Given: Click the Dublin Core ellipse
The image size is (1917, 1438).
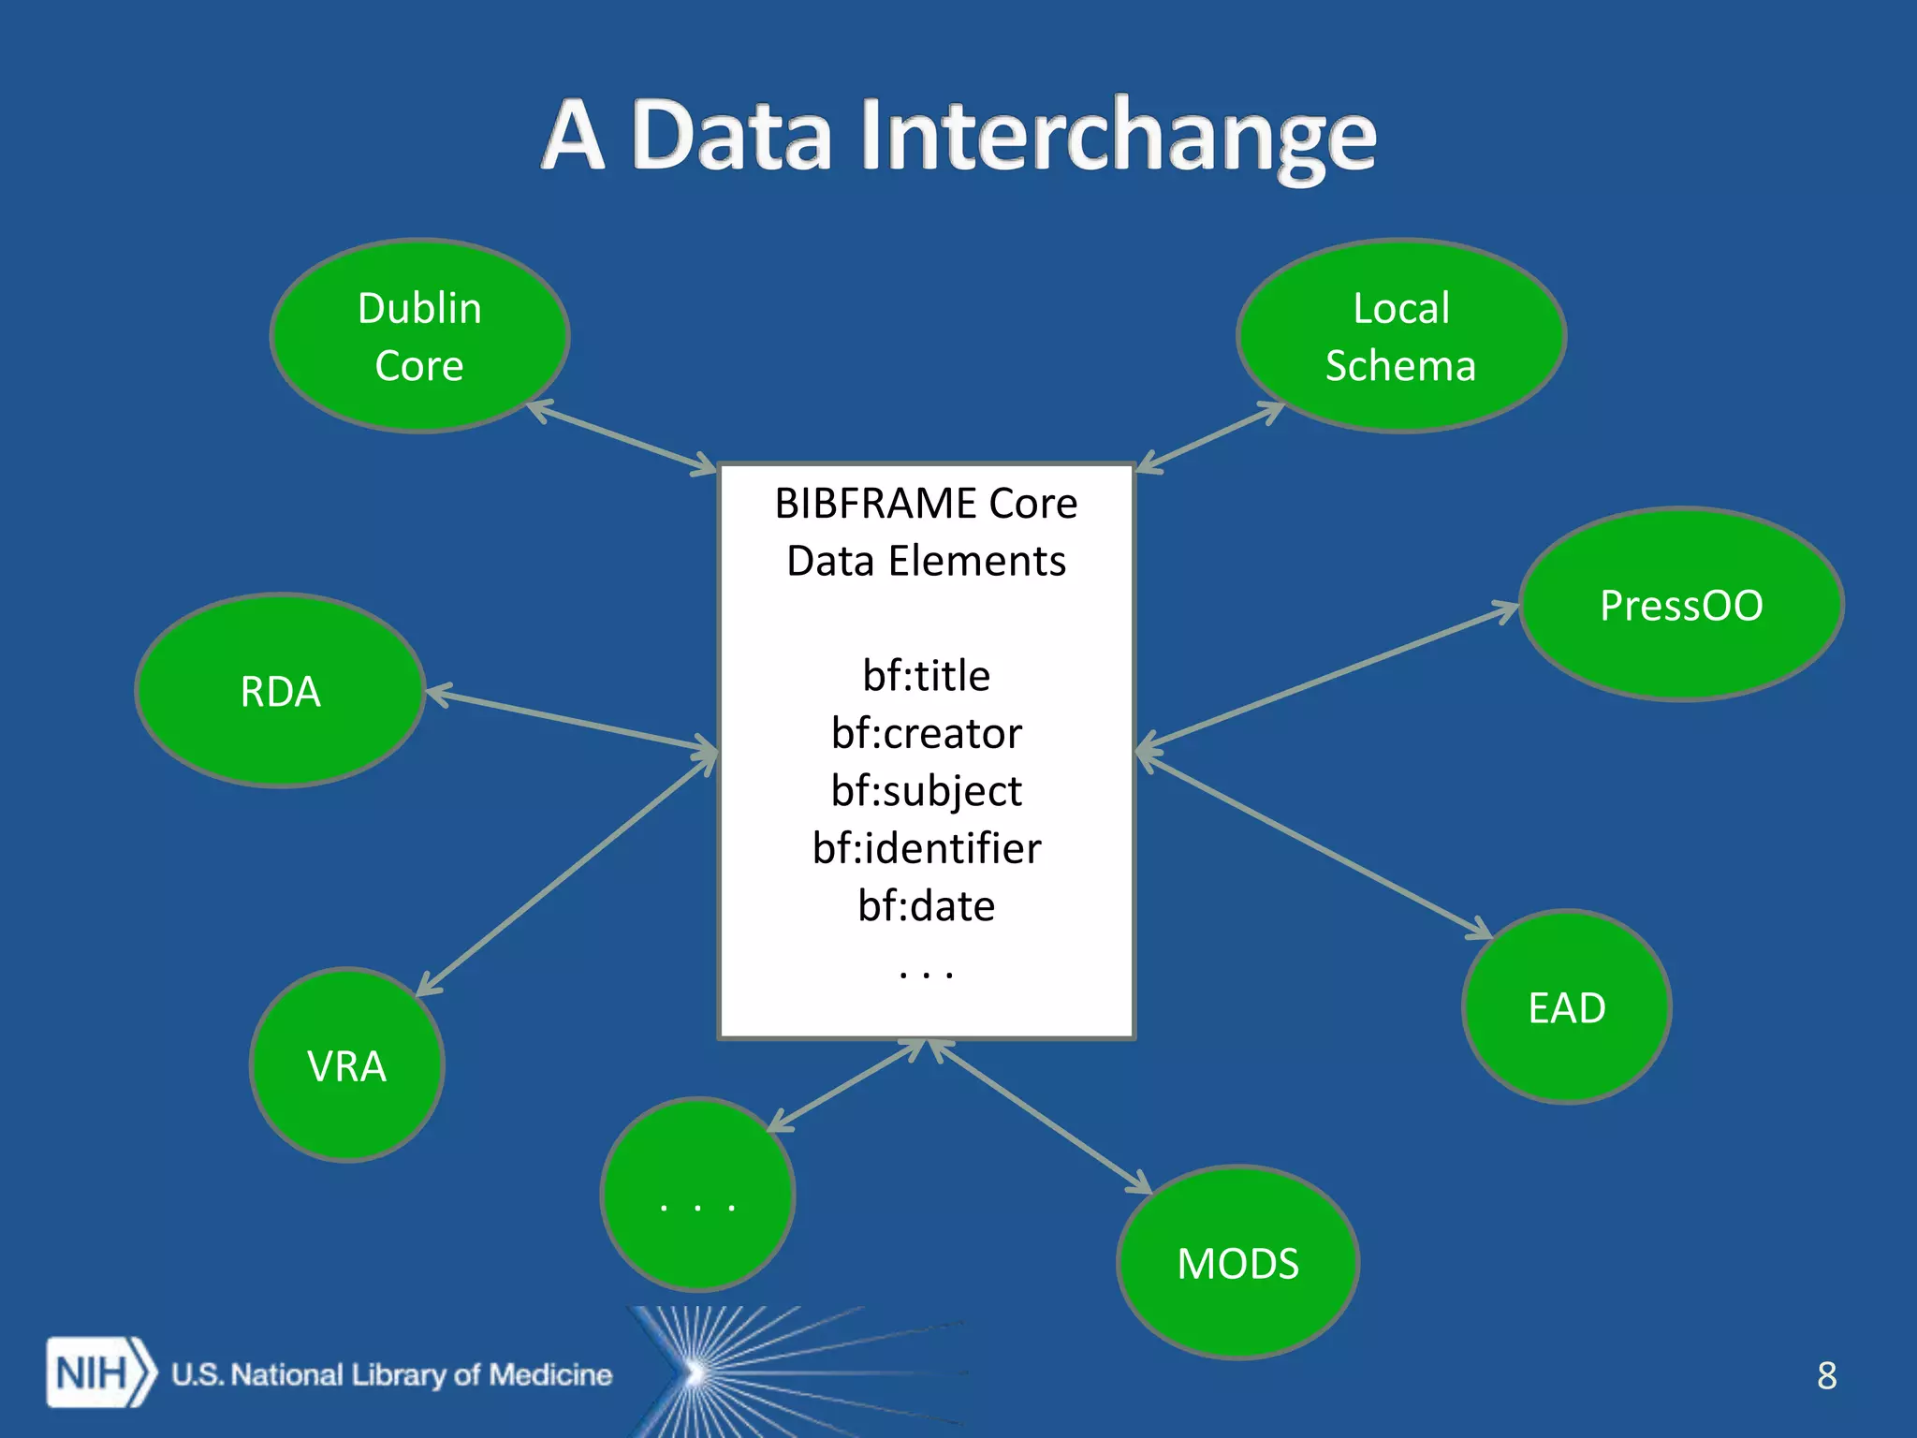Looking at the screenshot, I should tap(419, 335).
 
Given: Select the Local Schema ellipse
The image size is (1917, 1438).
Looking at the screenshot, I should tap(1400, 335).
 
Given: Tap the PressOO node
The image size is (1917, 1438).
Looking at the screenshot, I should tap(1681, 605).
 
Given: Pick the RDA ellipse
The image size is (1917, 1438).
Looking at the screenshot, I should tap(280, 691).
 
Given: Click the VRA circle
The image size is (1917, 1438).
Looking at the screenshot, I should tap(346, 1065).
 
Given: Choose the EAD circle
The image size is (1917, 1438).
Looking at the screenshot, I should tap(1566, 1007).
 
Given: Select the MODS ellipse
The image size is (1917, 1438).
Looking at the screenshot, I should tap(1237, 1263).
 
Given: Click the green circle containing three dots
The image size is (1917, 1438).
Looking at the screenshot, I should tap(697, 1195).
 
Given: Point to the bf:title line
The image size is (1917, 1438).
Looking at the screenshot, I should tap(926, 675).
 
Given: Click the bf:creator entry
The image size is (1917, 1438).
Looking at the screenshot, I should tap(926, 733).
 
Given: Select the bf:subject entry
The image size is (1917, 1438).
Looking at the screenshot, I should tap(926, 791).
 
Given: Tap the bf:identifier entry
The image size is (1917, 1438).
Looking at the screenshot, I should tap(926, 848).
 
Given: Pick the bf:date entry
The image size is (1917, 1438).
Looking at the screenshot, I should tap(926, 905).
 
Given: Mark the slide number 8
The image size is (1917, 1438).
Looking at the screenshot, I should tap(1826, 1375).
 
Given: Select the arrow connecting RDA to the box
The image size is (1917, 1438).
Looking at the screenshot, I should tap(571, 720).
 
